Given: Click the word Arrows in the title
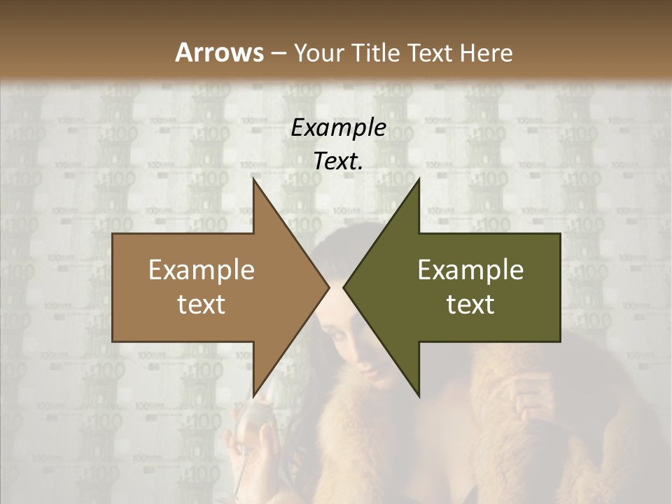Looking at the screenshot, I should click(x=219, y=52).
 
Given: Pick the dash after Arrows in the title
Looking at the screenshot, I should click(x=277, y=53).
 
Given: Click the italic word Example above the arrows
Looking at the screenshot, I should click(x=339, y=128).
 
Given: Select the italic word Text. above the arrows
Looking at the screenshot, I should click(x=339, y=161).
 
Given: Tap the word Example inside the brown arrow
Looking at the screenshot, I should click(x=202, y=269).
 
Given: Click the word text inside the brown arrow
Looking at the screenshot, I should click(x=202, y=304).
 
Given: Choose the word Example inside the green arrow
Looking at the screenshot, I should click(x=470, y=269).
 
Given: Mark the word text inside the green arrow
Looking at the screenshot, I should click(x=470, y=304).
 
